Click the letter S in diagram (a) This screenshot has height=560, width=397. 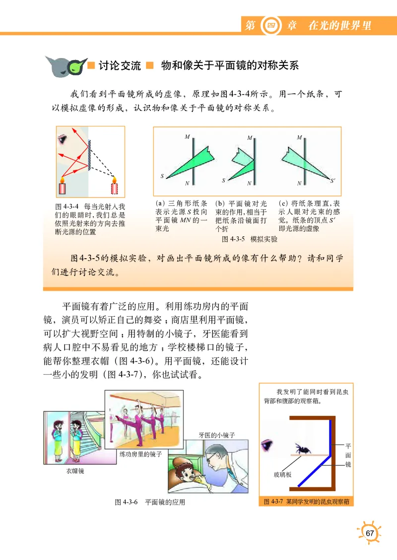(162, 176)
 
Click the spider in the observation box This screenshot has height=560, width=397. (301, 448)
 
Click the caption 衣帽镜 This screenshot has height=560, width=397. (75, 471)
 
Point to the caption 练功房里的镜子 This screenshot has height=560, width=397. (141, 453)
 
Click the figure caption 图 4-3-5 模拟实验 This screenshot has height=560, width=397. (249, 239)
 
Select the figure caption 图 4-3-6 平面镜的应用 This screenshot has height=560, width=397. (150, 502)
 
